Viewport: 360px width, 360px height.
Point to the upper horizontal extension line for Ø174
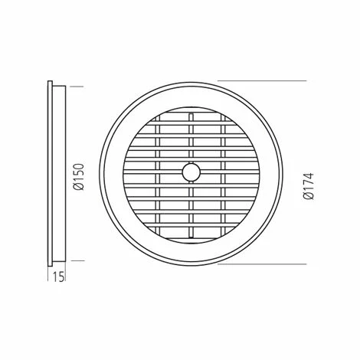coord(260,81)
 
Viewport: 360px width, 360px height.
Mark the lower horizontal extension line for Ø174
coord(260,266)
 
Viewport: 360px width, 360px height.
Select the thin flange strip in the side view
coord(51,172)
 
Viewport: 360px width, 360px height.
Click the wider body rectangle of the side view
coord(58,172)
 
